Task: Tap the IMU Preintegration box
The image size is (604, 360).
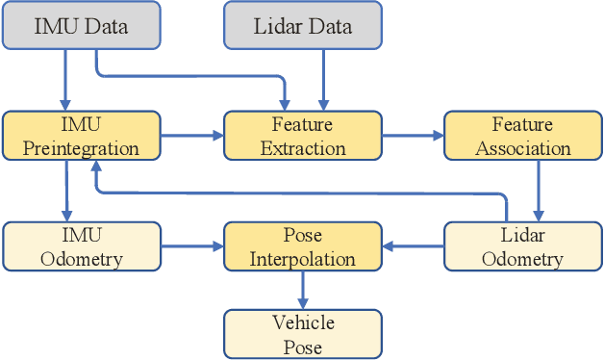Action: click(x=81, y=136)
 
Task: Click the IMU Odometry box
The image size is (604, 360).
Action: click(x=81, y=246)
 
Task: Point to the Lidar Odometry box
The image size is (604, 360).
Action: click(x=522, y=246)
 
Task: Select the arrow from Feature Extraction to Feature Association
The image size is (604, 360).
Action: click(x=413, y=136)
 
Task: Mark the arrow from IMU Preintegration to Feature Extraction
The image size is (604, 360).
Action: click(x=191, y=136)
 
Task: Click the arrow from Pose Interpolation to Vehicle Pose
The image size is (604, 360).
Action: click(x=304, y=290)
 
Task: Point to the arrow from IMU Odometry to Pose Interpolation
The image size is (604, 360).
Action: click(x=191, y=246)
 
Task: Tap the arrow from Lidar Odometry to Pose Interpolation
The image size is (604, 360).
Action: click(x=413, y=246)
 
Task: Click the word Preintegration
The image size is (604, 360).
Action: click(x=81, y=148)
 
